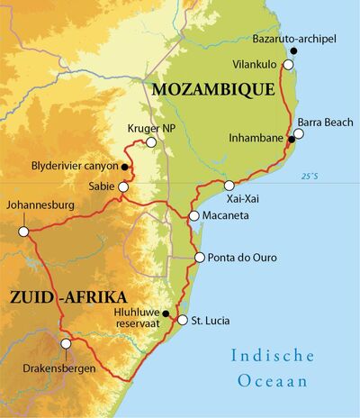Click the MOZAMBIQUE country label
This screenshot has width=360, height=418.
coord(212,90)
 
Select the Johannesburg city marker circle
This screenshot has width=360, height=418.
coord(24,232)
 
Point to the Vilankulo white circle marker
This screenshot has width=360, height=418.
coord(289,65)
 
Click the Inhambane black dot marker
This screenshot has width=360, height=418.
coord(291,139)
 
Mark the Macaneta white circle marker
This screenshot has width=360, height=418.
coord(194,216)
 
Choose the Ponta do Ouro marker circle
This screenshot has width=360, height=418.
coord(199,258)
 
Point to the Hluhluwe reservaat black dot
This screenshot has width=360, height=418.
coord(165,313)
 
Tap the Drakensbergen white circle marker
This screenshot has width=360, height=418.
coord(65,343)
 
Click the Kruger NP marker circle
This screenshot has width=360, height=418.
coord(151,142)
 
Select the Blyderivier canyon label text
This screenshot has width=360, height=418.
coord(74,168)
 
